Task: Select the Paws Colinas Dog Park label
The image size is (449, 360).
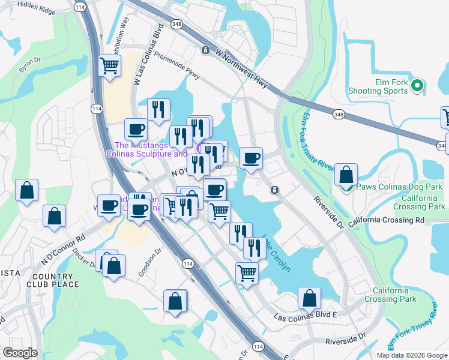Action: pos(400,187)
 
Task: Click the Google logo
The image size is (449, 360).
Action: pos(20,353)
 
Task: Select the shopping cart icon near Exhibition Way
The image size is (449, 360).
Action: pos(109,65)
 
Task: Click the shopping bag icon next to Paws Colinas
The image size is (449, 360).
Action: pos(346,175)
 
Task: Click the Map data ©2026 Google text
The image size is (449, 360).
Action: pos(412,355)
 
